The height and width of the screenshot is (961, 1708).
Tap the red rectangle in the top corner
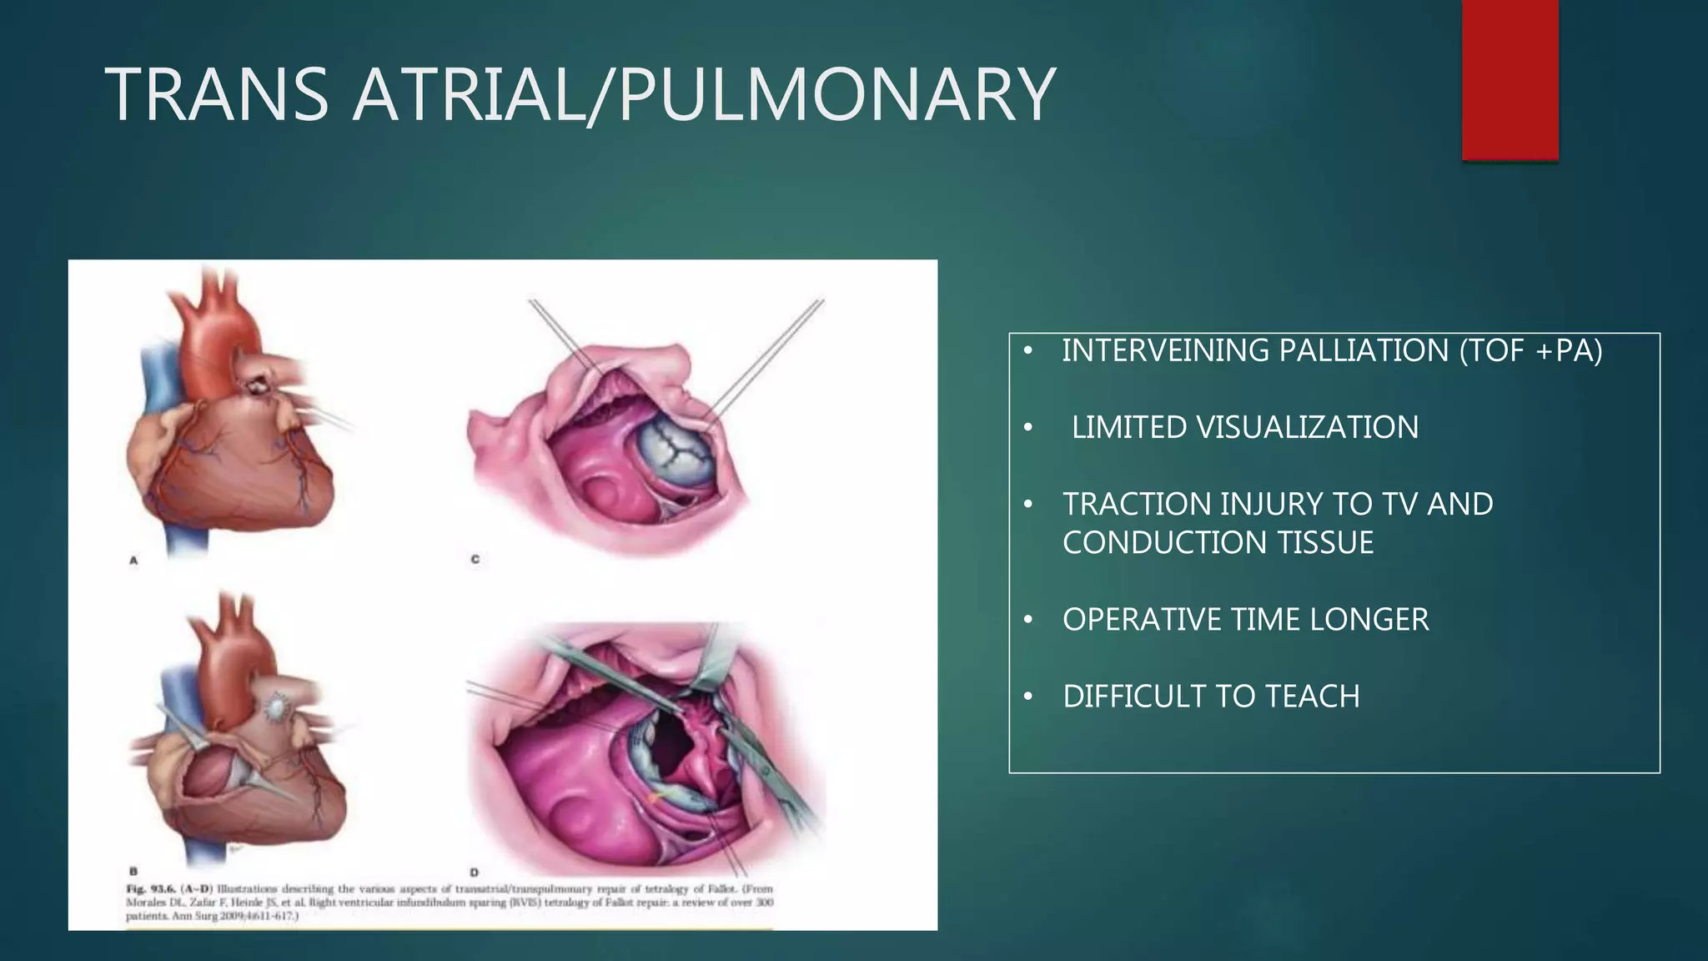1510,79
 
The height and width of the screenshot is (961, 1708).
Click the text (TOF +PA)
1530,350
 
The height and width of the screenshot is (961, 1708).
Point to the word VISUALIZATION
1307,427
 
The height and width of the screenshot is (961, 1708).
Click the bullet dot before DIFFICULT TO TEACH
1028,696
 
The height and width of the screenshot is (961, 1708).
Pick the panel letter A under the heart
133,561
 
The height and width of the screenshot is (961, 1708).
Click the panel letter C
475,560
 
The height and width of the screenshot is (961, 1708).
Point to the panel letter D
474,873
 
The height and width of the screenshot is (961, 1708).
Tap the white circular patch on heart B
274,707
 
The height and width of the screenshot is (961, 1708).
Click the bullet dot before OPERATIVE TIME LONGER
1028,619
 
